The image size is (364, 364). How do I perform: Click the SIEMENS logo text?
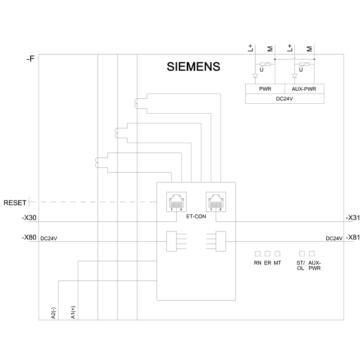pyautogui.click(x=193, y=67)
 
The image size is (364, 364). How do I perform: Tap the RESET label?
pyautogui.click(x=15, y=203)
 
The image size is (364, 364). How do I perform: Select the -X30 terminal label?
pyautogui.click(x=29, y=218)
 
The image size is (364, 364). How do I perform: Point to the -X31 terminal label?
pyautogui.click(x=353, y=218)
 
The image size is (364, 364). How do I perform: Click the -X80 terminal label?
pyautogui.click(x=29, y=238)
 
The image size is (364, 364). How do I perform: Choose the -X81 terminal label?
pyautogui.click(x=353, y=238)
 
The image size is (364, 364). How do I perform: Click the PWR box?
pyautogui.click(x=265, y=89)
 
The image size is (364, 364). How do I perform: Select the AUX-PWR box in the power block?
pyautogui.click(x=304, y=89)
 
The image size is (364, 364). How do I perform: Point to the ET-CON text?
pyautogui.click(x=196, y=215)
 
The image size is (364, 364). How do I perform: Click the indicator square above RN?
pyautogui.click(x=257, y=253)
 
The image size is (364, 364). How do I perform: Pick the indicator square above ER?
pyautogui.click(x=268, y=253)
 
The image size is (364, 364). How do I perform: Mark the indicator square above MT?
pyautogui.click(x=277, y=253)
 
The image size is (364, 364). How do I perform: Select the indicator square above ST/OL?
pyautogui.click(x=302, y=253)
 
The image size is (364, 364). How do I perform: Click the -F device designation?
pyautogui.click(x=30, y=58)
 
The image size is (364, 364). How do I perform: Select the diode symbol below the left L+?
pyautogui.click(x=255, y=76)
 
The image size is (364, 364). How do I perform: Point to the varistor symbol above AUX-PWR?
pyautogui.click(x=304, y=65)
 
